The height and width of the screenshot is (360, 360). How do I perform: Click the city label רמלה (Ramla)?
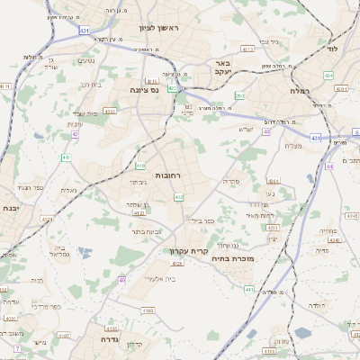[x=299, y=91]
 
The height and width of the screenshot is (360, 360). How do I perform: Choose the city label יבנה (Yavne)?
[x=12, y=208]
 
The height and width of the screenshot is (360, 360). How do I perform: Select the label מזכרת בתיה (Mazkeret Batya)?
[x=233, y=257]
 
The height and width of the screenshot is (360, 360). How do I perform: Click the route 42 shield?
[x=76, y=134]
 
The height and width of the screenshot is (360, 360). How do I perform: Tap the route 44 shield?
[x=331, y=166]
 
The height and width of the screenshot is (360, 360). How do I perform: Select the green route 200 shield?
[x=239, y=94]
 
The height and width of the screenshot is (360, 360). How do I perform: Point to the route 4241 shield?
[x=352, y=215]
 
